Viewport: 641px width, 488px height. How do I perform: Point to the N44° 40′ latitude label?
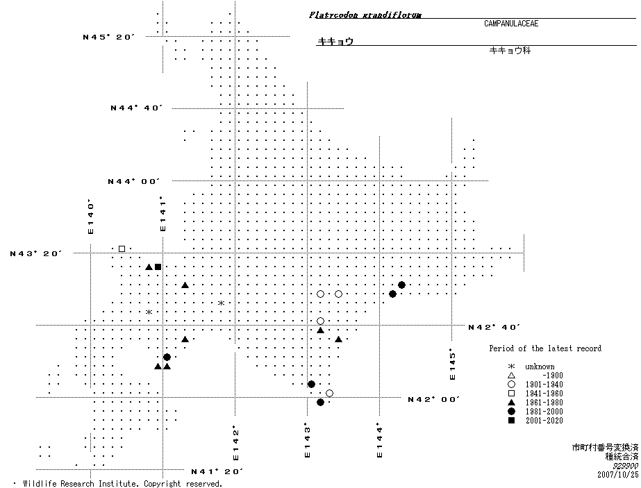[136, 108]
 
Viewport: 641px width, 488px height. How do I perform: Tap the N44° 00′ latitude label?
[134, 181]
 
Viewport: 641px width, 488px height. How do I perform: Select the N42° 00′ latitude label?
[435, 399]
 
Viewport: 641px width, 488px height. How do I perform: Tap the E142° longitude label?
[236, 443]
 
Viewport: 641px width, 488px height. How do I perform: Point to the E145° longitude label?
[452, 364]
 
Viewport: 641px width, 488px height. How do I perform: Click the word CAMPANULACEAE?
[511, 24]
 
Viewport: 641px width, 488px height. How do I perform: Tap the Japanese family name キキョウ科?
[510, 51]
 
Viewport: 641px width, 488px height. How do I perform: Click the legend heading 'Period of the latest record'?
[545, 348]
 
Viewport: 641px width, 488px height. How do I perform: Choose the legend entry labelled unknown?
[540, 367]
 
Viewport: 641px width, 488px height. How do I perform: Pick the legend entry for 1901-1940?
[544, 385]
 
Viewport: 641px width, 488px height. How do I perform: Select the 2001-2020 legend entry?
[544, 421]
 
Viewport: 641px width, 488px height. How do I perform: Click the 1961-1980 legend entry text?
[544, 403]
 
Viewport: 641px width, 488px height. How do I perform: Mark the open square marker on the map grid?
[122, 249]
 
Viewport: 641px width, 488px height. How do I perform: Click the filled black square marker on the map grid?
[158, 267]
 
